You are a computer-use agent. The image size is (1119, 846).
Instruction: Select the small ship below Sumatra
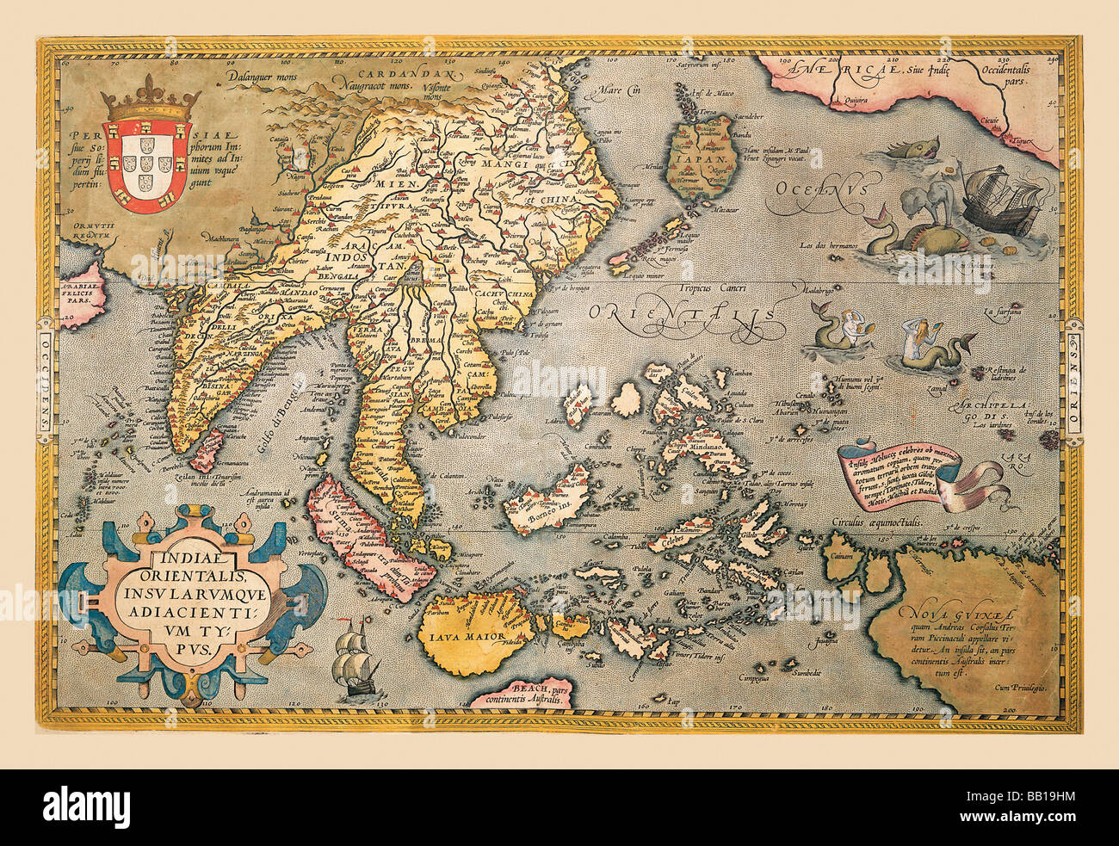click(x=355, y=662)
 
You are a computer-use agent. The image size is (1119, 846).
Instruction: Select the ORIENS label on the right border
click(x=1073, y=379)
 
